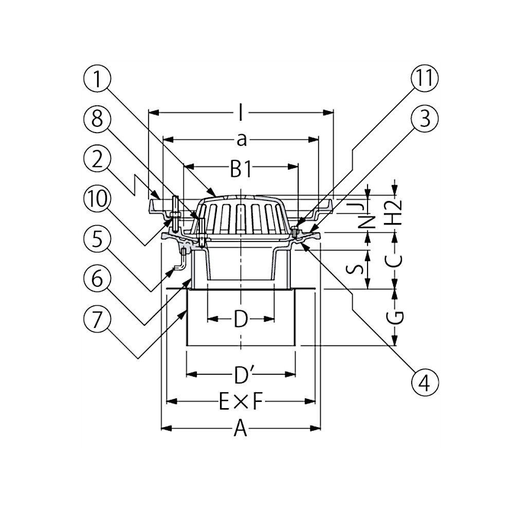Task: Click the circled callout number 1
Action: [x=97, y=79]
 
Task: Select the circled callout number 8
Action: [x=97, y=119]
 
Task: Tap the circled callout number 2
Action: [x=97, y=159]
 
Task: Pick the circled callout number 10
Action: [x=97, y=199]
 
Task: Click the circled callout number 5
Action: [x=97, y=240]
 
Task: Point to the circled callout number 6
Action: [x=97, y=280]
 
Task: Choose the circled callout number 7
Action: [x=97, y=319]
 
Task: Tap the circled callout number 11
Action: [x=425, y=79]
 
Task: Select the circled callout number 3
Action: [x=425, y=119]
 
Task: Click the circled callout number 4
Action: [x=425, y=383]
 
